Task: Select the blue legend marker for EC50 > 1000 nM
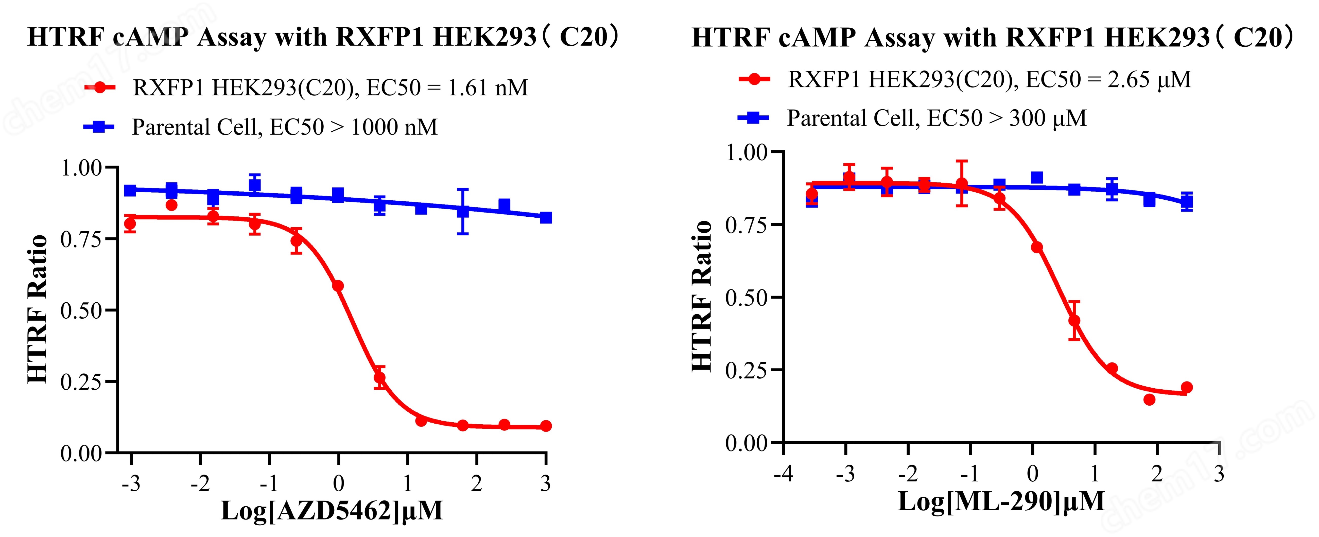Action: pos(99,126)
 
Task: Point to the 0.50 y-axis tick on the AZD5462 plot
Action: pos(81,310)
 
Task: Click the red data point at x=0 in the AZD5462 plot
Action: pos(338,286)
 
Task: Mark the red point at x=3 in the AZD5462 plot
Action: pos(546,426)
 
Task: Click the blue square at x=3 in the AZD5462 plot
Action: pos(546,218)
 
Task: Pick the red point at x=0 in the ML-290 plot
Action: pos(1037,247)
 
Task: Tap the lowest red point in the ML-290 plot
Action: pos(1150,399)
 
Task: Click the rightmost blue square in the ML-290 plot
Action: pos(1187,202)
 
